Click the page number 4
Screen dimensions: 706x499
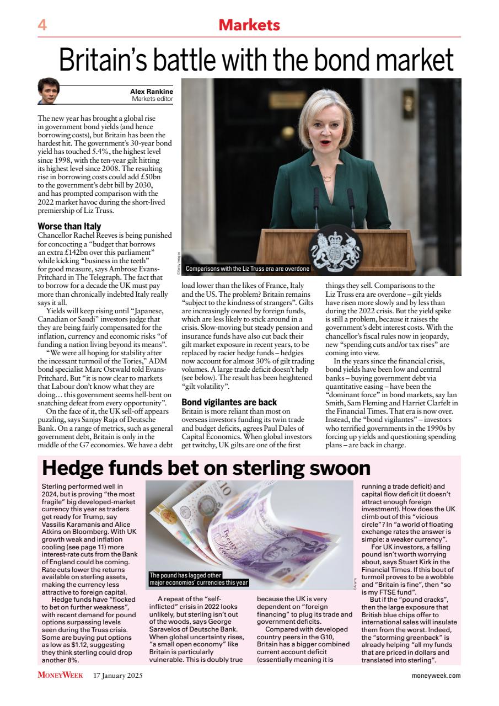click(x=42, y=25)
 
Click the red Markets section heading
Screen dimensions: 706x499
click(x=249, y=25)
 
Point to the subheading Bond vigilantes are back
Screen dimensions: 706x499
click(x=229, y=402)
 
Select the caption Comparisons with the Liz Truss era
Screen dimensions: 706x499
click(x=248, y=269)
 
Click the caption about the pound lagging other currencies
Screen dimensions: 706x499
click(x=199, y=579)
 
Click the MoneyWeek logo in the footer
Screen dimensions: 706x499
click(x=61, y=675)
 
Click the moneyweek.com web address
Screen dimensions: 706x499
click(x=436, y=675)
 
